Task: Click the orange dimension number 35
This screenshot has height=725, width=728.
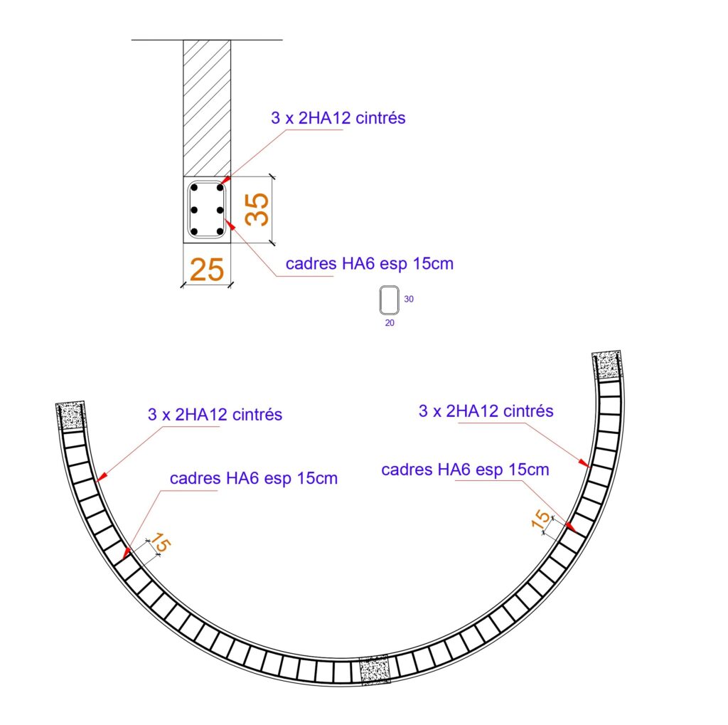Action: pyautogui.click(x=257, y=209)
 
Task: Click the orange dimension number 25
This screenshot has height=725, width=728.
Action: pyautogui.click(x=207, y=270)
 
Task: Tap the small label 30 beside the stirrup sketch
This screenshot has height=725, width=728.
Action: pyautogui.click(x=409, y=299)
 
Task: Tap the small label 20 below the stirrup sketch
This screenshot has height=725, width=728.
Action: pyautogui.click(x=390, y=322)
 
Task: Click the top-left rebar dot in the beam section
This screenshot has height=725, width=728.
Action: pyautogui.click(x=195, y=188)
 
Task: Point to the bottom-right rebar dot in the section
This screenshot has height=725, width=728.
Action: pyautogui.click(x=220, y=231)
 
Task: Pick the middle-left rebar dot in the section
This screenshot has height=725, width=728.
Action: pyautogui.click(x=194, y=210)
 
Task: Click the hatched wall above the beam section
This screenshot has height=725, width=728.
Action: pyautogui.click(x=207, y=108)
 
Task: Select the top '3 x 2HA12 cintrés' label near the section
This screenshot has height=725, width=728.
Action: pyautogui.click(x=338, y=118)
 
